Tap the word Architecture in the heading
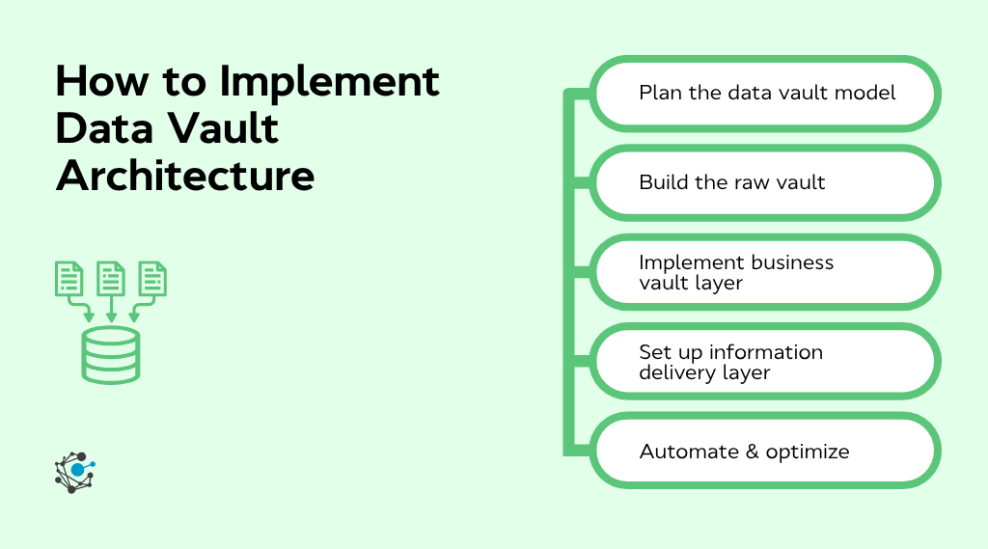184,177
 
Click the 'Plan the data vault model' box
765,94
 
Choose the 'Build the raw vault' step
765,182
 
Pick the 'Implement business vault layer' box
765,273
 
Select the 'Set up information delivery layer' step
765,362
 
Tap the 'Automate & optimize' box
765,452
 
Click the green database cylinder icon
111,355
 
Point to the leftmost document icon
69,279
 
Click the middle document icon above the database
111,279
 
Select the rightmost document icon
152,279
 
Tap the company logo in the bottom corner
74,472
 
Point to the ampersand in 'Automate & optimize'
749,452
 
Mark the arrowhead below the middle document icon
111,316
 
